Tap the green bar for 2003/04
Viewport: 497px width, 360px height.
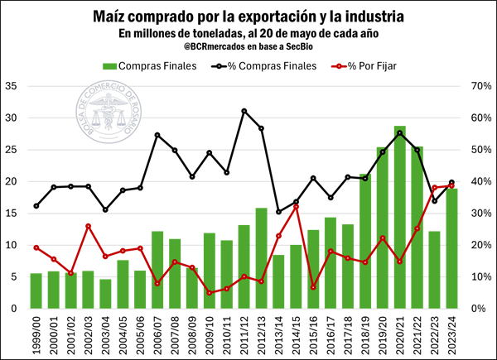click(105, 294)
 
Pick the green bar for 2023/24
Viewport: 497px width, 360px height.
click(451, 248)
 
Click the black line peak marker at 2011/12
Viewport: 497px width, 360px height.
click(244, 111)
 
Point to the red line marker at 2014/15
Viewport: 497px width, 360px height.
click(296, 206)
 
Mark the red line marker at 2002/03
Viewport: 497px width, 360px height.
click(88, 226)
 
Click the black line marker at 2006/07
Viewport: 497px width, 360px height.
click(157, 135)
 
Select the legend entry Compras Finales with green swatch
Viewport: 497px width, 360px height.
click(149, 65)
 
